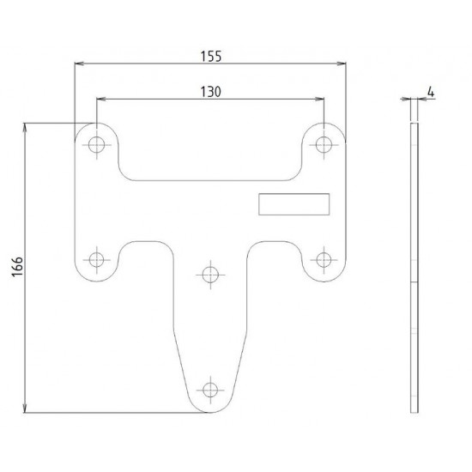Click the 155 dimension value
point(211,56)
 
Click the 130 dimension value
point(211,92)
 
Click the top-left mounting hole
point(98,143)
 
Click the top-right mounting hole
point(324,143)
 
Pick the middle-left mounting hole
point(98,258)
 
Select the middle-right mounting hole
point(324,258)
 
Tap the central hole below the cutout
point(210,275)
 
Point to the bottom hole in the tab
point(210,388)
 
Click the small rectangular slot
point(294,203)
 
